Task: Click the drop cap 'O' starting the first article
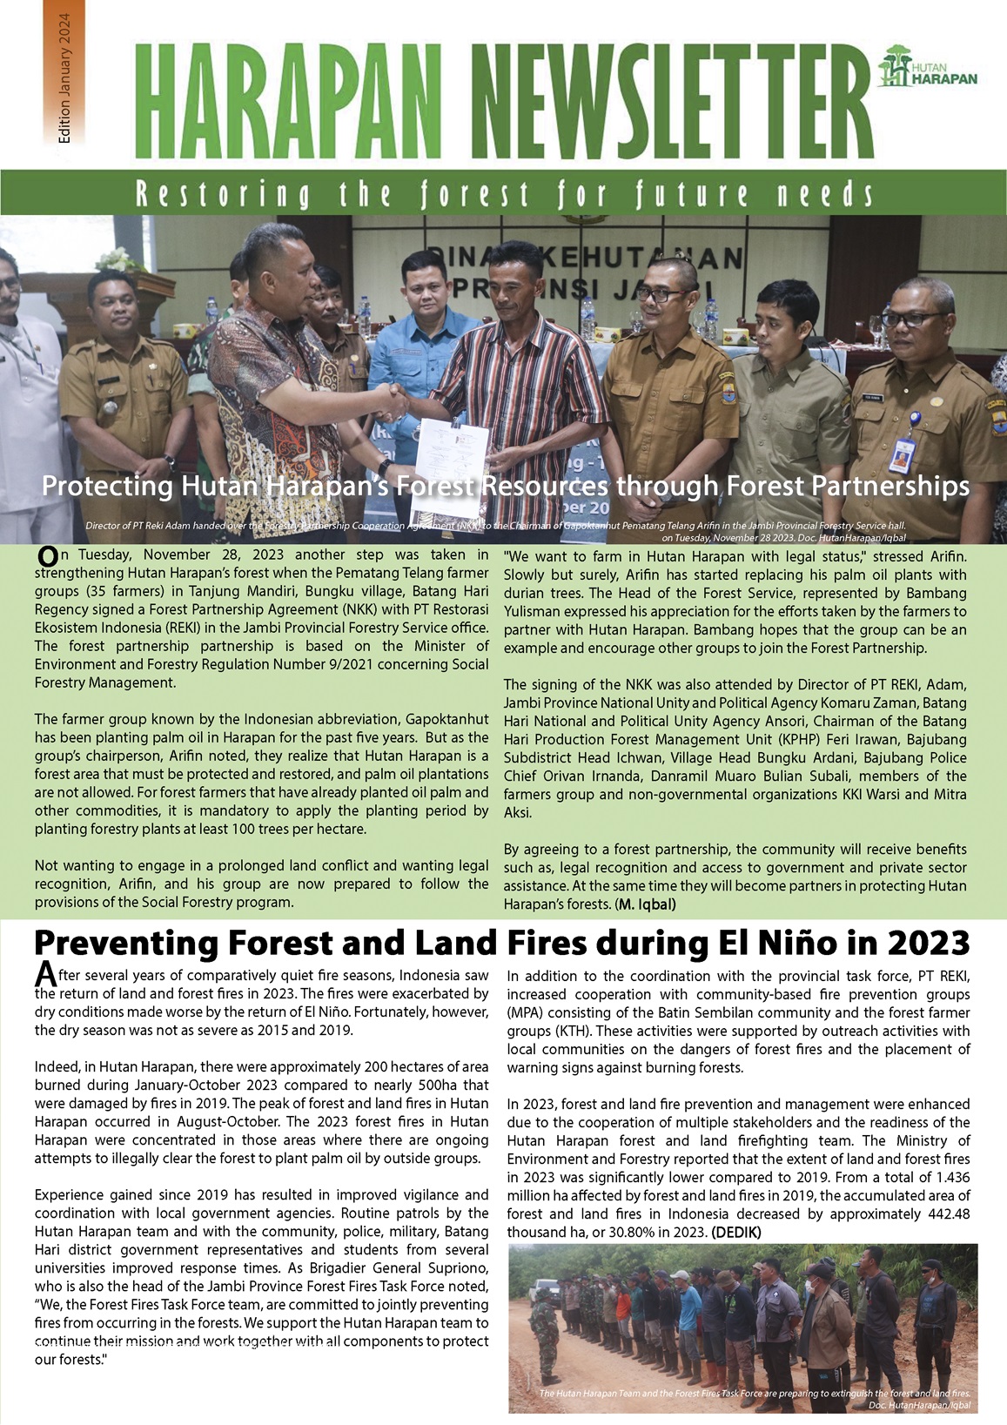pyautogui.click(x=48, y=555)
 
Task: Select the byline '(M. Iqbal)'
pyautogui.click(x=646, y=904)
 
